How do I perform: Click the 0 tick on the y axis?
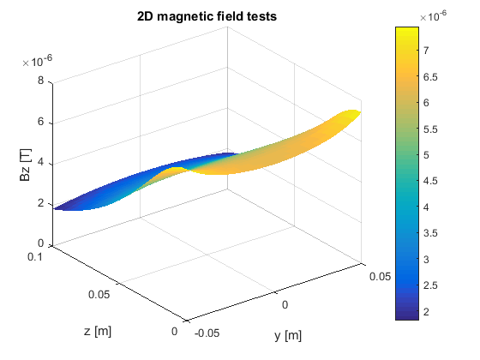pos(286,305)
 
